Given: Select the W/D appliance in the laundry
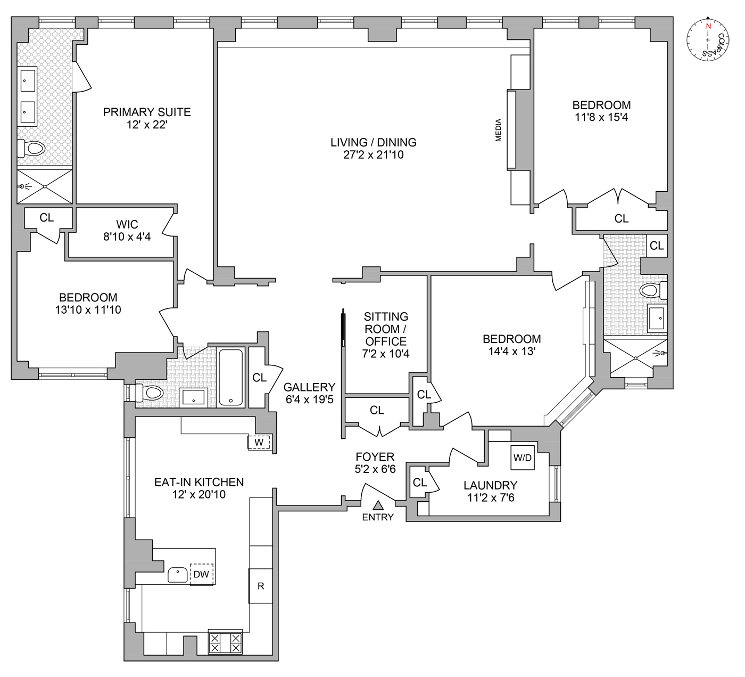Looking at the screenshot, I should (x=522, y=458).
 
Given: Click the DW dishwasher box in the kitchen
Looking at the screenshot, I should (x=202, y=574).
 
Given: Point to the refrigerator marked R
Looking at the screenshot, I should (x=261, y=586).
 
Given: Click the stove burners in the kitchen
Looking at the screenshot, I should (x=225, y=642).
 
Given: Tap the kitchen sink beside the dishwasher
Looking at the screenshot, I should (x=178, y=575).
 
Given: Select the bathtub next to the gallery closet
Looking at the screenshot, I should (x=230, y=377).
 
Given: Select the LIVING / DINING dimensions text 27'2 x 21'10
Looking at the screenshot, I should (x=373, y=155).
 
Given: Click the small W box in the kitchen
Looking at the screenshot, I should (x=259, y=442).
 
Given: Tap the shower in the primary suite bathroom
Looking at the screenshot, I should (x=45, y=186).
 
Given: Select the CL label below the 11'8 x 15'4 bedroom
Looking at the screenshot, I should (x=621, y=218).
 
